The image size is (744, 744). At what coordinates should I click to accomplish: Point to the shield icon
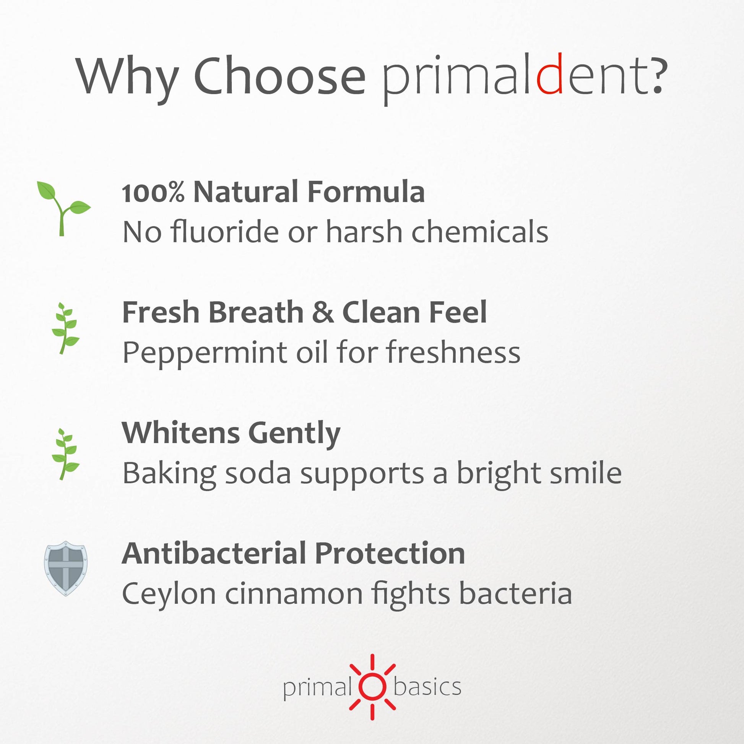click(x=65, y=568)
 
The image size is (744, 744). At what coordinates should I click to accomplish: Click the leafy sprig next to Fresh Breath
click(x=65, y=328)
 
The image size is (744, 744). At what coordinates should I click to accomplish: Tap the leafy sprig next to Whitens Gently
click(x=65, y=455)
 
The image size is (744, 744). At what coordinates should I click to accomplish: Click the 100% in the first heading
click(x=153, y=192)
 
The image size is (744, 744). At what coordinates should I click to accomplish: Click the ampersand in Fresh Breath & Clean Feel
click(x=323, y=312)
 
